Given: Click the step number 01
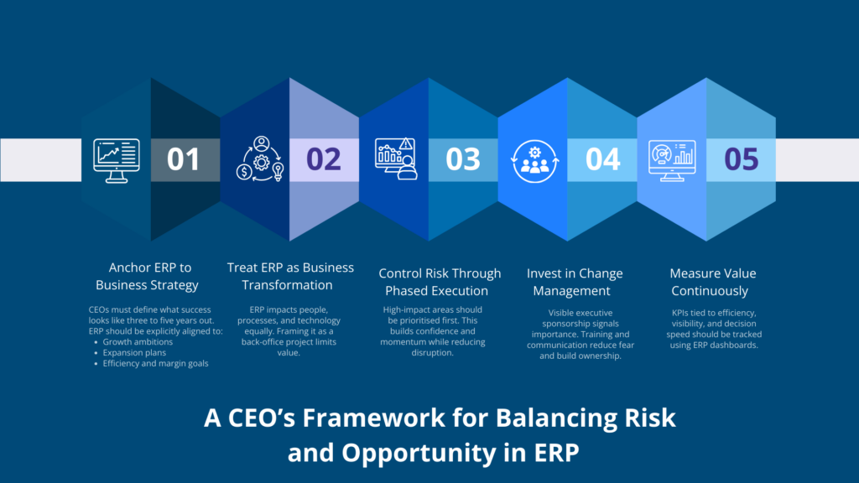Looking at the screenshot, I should [184, 159].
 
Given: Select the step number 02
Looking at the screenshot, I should [324, 159].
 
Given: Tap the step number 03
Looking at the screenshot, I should [463, 159].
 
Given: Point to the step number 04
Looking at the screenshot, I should [602, 159].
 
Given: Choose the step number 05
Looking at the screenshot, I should [741, 159].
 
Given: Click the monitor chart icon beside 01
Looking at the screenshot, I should [115, 159].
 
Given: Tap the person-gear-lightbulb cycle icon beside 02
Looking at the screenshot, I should [260, 159].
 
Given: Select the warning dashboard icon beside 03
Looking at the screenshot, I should [396, 159].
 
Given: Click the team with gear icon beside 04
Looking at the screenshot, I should [534, 159].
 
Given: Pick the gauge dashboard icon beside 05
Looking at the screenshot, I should [672, 159].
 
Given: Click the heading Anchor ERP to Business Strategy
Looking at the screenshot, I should [150, 277].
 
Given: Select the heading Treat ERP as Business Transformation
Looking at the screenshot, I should [290, 277].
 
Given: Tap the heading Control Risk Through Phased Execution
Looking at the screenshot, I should [440, 282].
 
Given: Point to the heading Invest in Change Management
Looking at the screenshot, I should [575, 282].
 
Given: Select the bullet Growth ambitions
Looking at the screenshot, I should [138, 341].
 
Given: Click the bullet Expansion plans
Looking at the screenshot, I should [134, 352].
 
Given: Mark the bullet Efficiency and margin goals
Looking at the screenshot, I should [156, 363].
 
